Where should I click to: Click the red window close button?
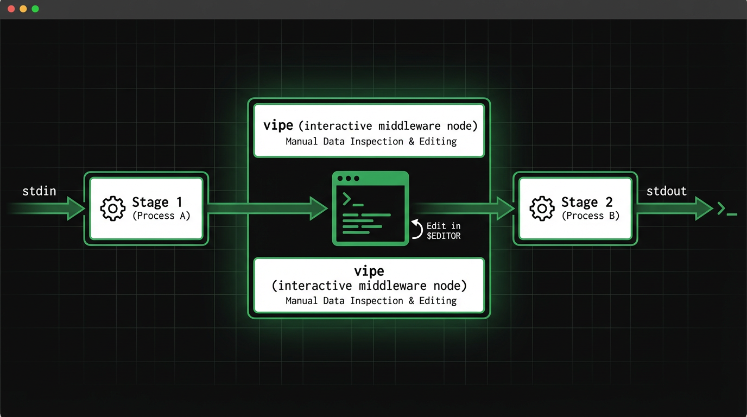tap(11, 9)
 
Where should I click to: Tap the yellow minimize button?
tap(23, 9)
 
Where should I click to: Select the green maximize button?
tap(35, 9)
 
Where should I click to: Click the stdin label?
tap(39, 191)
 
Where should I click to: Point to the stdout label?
tap(666, 191)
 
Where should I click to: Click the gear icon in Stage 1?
tap(113, 208)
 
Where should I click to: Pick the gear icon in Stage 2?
tap(542, 208)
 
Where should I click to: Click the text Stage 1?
tap(157, 203)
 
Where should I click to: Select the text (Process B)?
tap(590, 216)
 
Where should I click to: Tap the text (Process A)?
tap(161, 216)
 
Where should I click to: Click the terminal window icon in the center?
tap(370, 208)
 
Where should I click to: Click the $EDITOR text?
tap(443, 236)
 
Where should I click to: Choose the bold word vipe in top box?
tap(278, 125)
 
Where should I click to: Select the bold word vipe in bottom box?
tap(369, 271)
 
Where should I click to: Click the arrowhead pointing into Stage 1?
tap(75, 208)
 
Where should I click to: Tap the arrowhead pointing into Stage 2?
tap(505, 208)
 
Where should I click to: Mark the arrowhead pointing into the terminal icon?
tap(319, 208)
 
